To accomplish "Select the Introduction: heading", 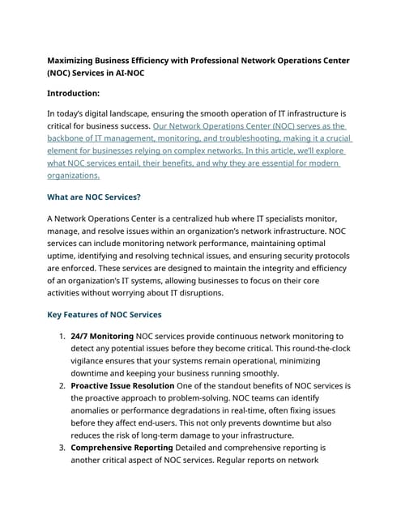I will pyautogui.click(x=83, y=93).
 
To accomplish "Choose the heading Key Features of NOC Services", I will pyautogui.click(x=105, y=314).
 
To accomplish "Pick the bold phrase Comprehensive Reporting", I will pyautogui.click(x=122, y=447).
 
